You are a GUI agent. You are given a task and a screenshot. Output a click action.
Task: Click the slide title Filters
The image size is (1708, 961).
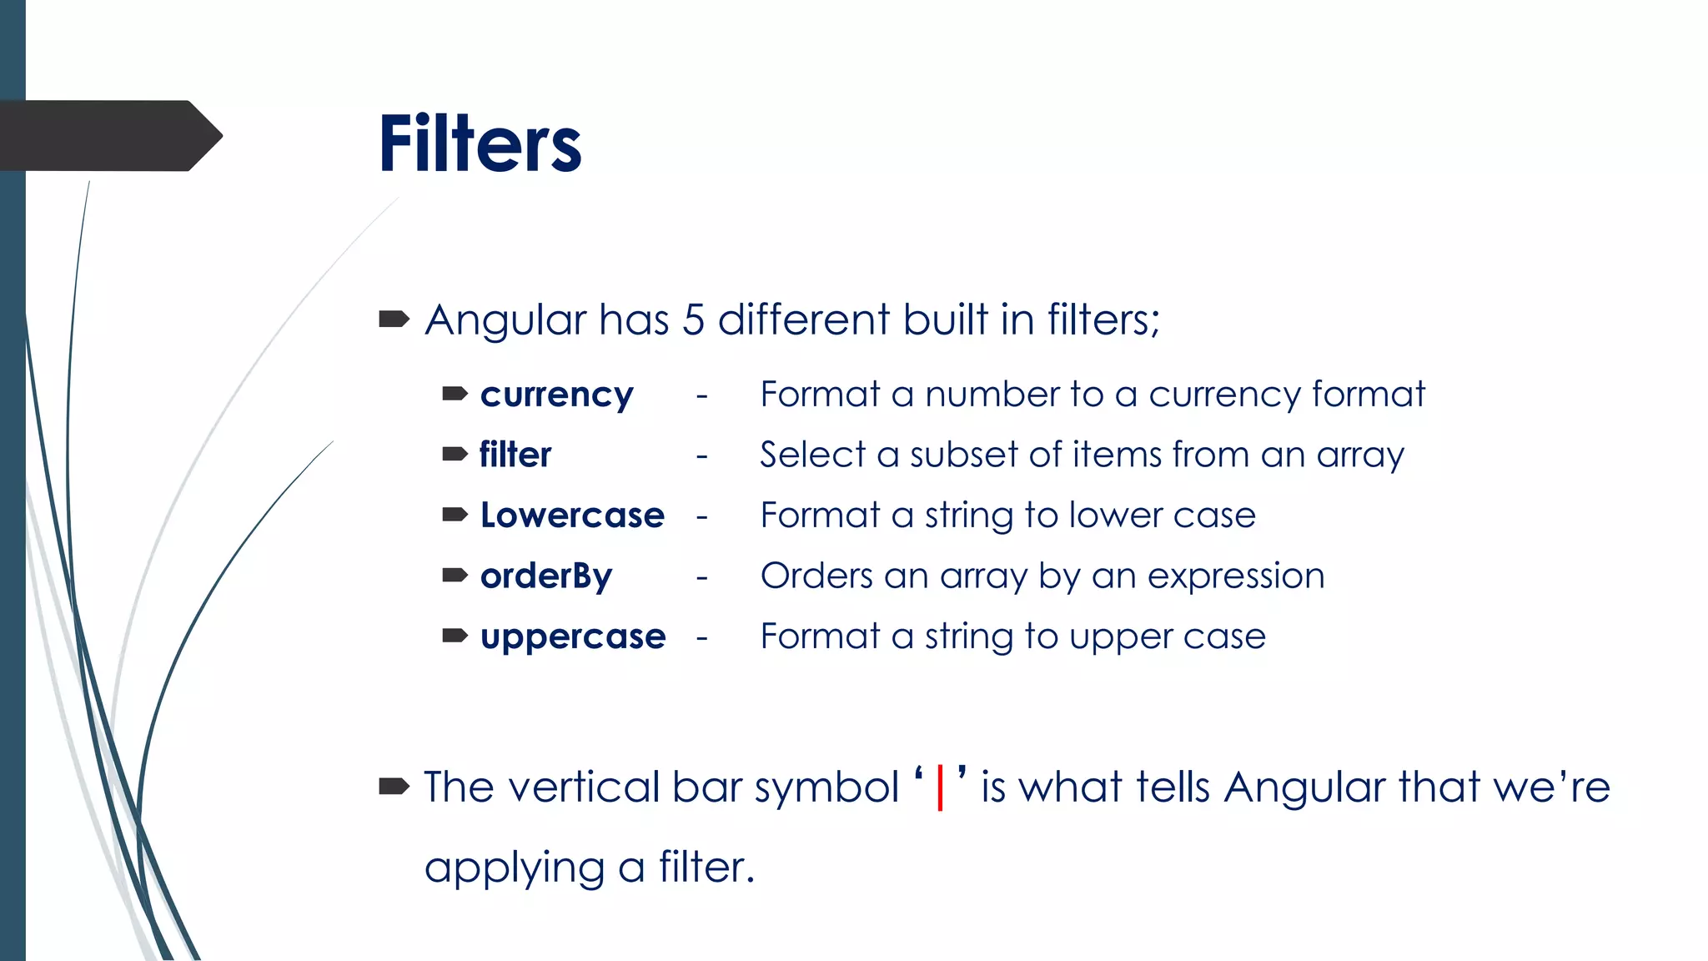click(x=480, y=144)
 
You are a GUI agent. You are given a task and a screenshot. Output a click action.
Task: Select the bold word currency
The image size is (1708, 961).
click(x=556, y=395)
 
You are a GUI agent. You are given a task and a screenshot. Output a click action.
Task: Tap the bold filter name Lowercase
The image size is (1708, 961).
click(x=572, y=516)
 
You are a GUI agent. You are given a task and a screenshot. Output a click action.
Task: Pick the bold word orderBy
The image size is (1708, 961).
click(x=546, y=576)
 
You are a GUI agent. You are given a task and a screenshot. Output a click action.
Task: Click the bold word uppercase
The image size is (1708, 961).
click(x=573, y=637)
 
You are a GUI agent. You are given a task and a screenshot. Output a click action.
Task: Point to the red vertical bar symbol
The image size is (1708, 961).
click(x=940, y=787)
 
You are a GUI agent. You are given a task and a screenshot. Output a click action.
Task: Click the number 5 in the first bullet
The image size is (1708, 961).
click(x=693, y=320)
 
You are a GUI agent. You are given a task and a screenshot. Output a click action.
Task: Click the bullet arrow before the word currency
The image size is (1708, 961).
click(x=455, y=394)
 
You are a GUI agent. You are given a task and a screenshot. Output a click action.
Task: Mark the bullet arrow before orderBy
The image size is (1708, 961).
click(x=455, y=575)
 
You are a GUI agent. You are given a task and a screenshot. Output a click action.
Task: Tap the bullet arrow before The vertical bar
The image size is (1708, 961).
click(x=394, y=786)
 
